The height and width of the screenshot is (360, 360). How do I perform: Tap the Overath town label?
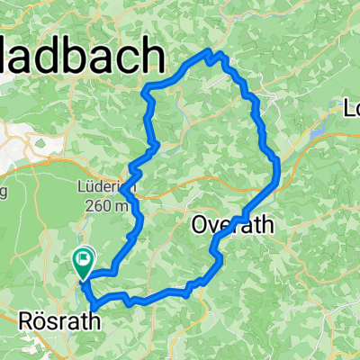pyautogui.click(x=232, y=226)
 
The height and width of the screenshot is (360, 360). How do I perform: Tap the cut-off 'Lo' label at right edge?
pyautogui.click(x=351, y=109)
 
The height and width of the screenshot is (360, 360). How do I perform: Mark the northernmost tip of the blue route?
pyautogui.click(x=211, y=51)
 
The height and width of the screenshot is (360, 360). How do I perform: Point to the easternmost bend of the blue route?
pyautogui.click(x=280, y=166)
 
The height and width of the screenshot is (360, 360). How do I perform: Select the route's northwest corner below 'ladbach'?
pyautogui.click(x=148, y=87)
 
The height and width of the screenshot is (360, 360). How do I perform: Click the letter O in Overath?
pyautogui.click(x=200, y=226)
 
